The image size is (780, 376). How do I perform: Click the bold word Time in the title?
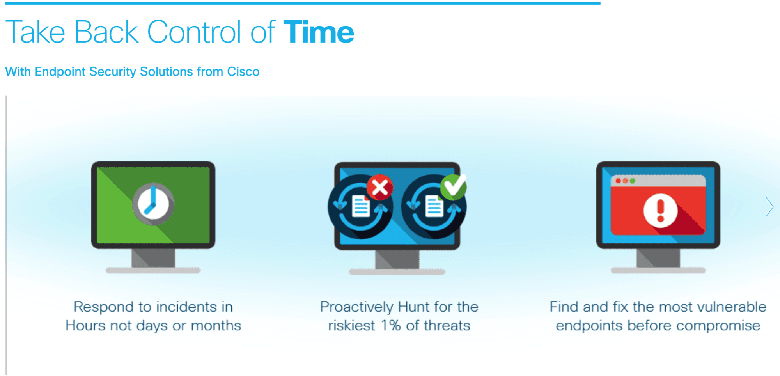319,32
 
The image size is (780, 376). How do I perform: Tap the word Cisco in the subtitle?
243,72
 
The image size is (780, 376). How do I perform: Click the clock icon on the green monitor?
153,204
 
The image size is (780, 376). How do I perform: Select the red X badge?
380,187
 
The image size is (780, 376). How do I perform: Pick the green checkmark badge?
453,187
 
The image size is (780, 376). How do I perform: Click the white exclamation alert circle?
660,211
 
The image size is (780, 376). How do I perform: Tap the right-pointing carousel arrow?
769,207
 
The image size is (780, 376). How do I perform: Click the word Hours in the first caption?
85,325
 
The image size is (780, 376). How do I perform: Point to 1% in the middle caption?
391,325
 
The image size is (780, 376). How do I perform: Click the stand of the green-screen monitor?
153,258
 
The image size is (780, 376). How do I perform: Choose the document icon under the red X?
361,206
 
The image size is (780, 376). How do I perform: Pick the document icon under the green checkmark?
434,206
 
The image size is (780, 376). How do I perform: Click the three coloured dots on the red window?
625,181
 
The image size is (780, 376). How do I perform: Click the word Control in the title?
194,32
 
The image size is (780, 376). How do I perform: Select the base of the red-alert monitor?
658,270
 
